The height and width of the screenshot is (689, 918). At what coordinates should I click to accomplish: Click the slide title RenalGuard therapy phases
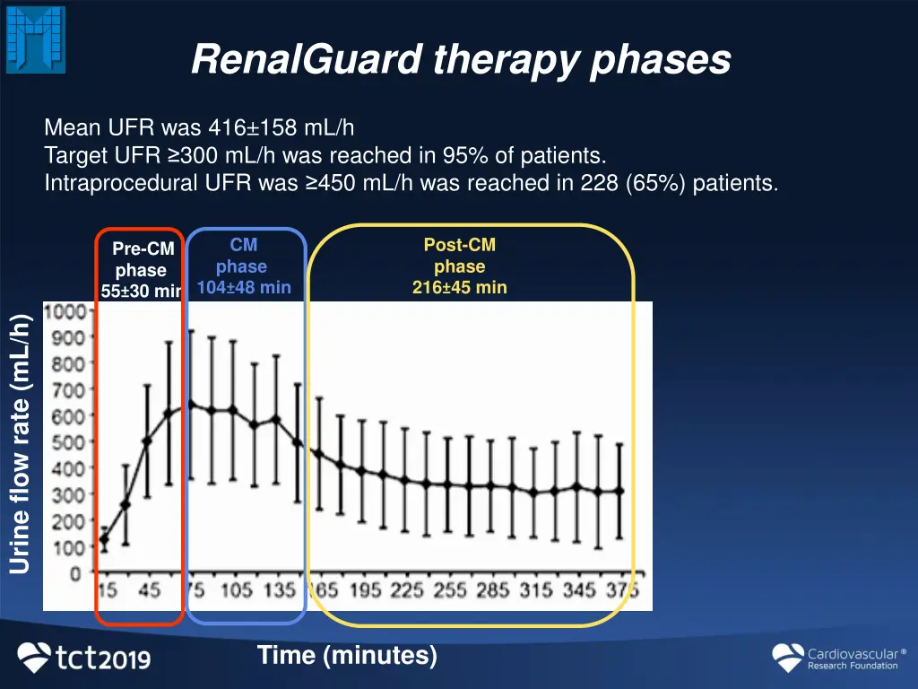(461, 60)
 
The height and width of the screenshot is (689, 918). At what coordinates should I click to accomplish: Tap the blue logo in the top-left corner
(36, 39)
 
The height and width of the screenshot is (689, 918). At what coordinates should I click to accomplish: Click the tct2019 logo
(84, 658)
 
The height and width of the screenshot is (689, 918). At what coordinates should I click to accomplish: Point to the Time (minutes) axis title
(347, 656)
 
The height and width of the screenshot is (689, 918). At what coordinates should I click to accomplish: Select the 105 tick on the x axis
(237, 590)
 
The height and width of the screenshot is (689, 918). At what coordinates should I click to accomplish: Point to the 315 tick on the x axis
(537, 590)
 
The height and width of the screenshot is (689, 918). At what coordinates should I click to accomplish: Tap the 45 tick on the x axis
(149, 590)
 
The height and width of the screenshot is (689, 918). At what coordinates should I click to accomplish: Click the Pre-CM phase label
(142, 259)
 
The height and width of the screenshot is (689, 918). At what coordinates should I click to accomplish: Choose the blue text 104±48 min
(244, 287)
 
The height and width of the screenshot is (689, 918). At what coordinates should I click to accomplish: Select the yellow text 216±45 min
(460, 287)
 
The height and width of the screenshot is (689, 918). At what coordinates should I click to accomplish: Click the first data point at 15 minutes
(105, 540)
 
